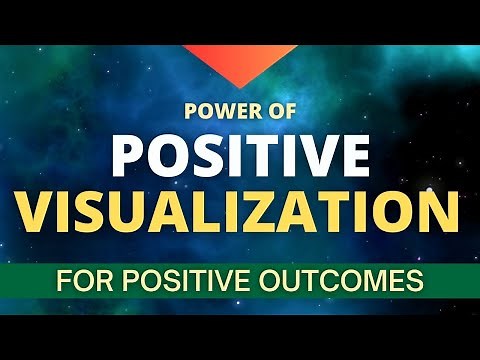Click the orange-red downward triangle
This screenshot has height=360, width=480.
(240, 62)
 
